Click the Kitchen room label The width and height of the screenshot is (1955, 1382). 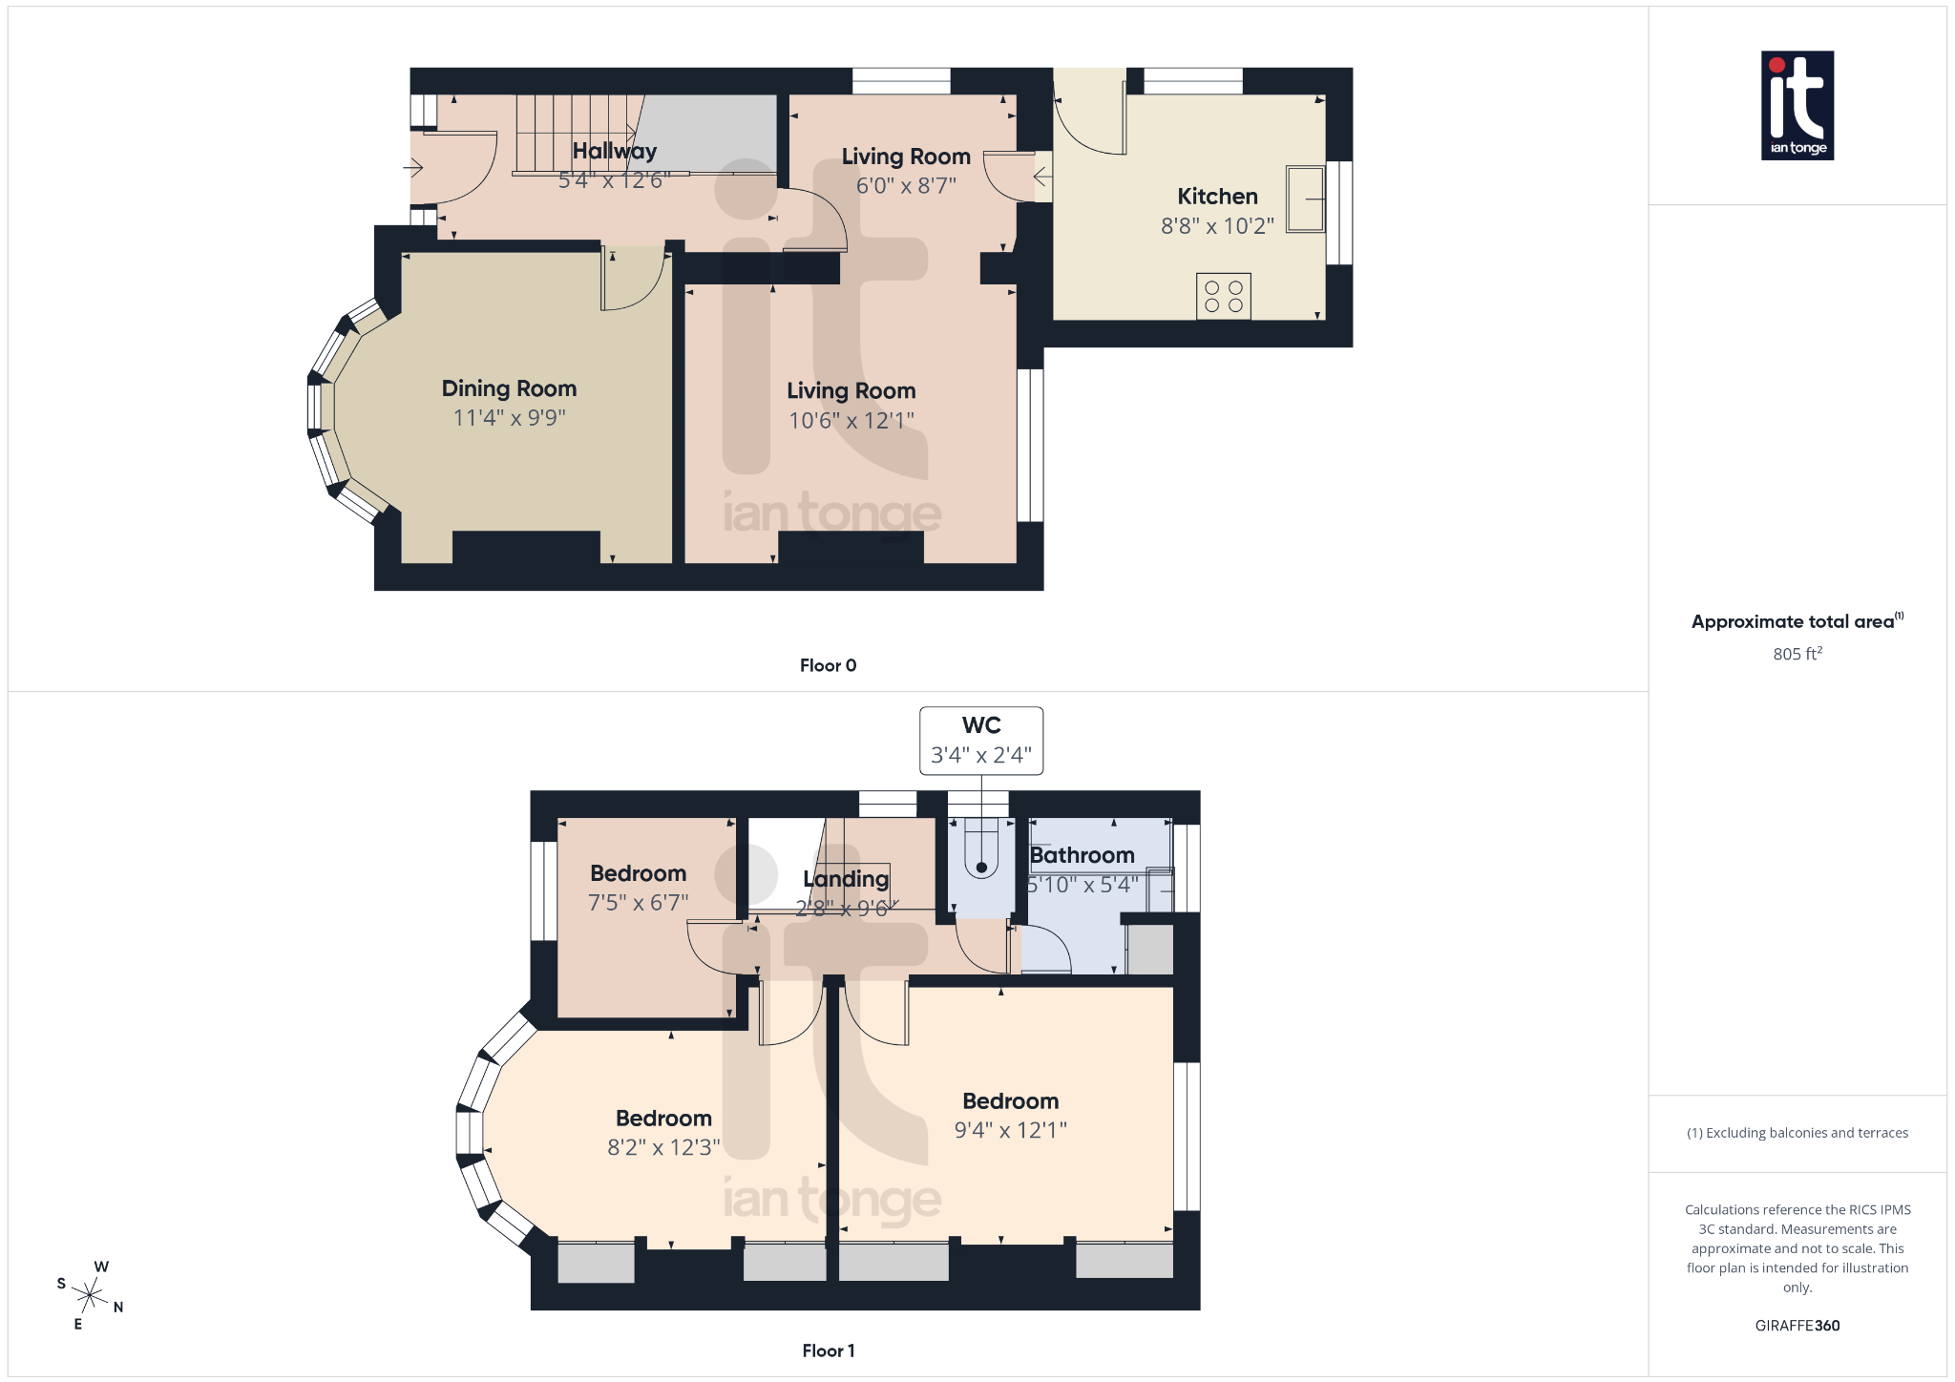[x=1217, y=197]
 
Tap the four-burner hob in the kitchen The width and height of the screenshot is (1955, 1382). [x=1223, y=296]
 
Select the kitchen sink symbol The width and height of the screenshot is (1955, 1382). [x=1305, y=199]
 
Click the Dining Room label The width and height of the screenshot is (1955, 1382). [x=509, y=388]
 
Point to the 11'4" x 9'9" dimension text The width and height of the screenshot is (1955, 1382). [x=509, y=418]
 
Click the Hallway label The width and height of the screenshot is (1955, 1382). [x=614, y=151]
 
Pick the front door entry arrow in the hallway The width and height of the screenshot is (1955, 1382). [x=413, y=168]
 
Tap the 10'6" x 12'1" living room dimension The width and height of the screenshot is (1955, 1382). [x=851, y=421]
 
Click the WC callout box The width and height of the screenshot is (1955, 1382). [x=980, y=741]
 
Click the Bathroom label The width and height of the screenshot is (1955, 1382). [x=1082, y=855]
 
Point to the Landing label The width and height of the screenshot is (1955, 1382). [x=846, y=878]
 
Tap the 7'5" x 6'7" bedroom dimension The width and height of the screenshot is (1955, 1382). [x=638, y=903]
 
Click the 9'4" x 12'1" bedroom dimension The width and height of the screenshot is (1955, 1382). [x=1010, y=1130]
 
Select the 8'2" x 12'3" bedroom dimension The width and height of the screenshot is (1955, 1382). [x=663, y=1147]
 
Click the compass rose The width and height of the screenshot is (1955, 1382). [x=90, y=1295]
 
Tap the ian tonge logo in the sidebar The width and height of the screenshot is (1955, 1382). [x=1797, y=105]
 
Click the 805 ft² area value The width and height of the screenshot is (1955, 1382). [x=1797, y=654]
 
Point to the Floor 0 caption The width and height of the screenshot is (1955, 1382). [x=828, y=665]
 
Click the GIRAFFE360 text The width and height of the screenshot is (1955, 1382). [x=1797, y=1326]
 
